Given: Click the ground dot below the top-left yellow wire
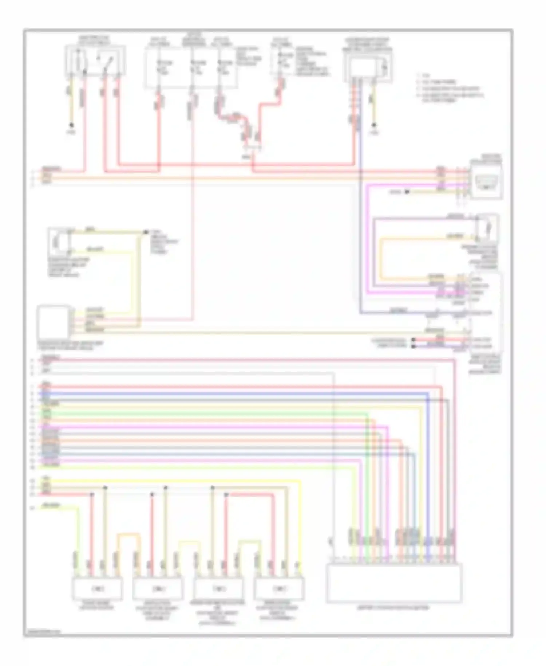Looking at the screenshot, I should (x=71, y=125).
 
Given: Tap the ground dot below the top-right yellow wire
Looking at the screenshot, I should (x=374, y=125).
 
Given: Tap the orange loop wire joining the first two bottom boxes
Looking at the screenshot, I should (x=128, y=535).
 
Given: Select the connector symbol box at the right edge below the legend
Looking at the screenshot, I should (x=486, y=181).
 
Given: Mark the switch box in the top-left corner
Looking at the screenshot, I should (x=96, y=60).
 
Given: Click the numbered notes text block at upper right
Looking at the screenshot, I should (x=450, y=87).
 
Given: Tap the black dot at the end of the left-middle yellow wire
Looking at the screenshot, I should (x=146, y=232).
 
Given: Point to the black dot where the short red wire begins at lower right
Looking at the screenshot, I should (x=413, y=340).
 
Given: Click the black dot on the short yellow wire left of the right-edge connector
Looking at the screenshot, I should (x=407, y=192).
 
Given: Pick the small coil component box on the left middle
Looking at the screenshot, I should (x=59, y=242).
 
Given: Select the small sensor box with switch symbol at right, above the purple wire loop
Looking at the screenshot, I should (x=487, y=228).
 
